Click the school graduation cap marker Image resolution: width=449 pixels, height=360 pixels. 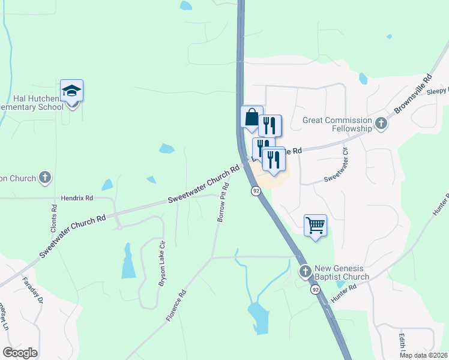pos(71,91)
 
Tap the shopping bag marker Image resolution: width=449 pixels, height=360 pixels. pos(252,116)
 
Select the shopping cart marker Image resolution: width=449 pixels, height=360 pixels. pos(315,226)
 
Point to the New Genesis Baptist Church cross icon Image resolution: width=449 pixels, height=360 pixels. pos(305,272)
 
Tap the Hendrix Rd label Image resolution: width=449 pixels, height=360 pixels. pos(77,197)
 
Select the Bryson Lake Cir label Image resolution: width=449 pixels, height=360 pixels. pos(161,264)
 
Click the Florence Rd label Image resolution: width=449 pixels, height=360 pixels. pos(178,305)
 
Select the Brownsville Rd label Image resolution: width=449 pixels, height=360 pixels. pos(413,95)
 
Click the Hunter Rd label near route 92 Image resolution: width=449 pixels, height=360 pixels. pos(344,292)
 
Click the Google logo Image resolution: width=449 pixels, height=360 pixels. pos(20,353)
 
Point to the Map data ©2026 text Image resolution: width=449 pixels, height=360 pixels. pos(423,355)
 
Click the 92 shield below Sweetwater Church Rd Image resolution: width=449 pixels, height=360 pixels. pos(256,191)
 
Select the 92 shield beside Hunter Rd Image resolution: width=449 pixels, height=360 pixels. pos(315,290)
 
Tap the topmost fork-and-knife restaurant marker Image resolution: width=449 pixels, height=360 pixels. pos(270,125)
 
